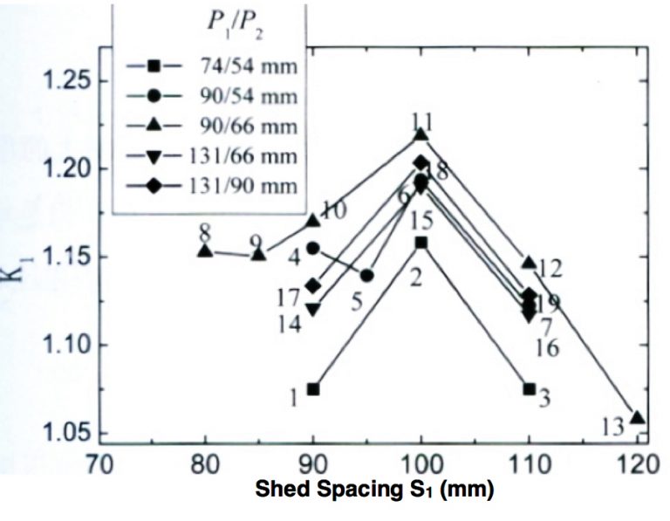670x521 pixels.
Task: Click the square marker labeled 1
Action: point(313,389)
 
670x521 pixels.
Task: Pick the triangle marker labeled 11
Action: point(421,134)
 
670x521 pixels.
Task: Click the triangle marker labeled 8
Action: point(205,250)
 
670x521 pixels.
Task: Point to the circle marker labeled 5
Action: point(367,276)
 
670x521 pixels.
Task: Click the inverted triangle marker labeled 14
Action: point(313,310)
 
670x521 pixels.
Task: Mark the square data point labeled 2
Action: point(421,242)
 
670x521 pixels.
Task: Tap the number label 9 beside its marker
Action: point(255,243)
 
